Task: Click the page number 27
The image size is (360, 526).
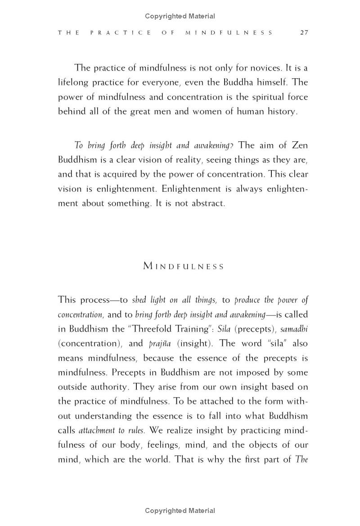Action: click(x=304, y=33)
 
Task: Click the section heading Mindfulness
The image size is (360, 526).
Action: click(x=183, y=266)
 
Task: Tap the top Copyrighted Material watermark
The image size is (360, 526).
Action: click(x=180, y=16)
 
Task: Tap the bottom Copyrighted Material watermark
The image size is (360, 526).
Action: click(x=180, y=510)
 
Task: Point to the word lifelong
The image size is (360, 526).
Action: click(x=75, y=83)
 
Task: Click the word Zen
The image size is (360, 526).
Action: click(x=299, y=145)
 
